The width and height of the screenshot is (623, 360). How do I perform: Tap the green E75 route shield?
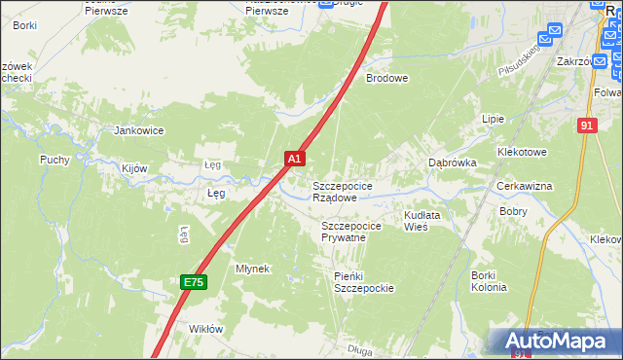(x=194, y=282)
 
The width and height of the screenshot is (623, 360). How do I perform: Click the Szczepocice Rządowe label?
(x=341, y=191)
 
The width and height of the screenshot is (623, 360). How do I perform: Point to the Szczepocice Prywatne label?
(x=349, y=232)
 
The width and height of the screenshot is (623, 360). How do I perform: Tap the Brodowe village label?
(x=386, y=77)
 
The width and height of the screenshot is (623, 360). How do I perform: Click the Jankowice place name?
(x=139, y=130)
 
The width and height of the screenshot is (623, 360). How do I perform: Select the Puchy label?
(x=55, y=160)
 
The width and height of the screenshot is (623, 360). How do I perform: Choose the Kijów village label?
(x=134, y=168)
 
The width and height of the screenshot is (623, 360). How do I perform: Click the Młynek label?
(x=252, y=268)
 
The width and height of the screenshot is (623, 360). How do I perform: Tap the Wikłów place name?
(x=206, y=329)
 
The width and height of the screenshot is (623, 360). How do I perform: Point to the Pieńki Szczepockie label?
(x=363, y=282)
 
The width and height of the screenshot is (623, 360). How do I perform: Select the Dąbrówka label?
(x=453, y=163)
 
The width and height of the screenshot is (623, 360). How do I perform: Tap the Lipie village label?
(x=494, y=118)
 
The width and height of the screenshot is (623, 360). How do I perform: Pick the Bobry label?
(x=513, y=210)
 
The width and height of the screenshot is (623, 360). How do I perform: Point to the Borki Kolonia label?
(x=489, y=281)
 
